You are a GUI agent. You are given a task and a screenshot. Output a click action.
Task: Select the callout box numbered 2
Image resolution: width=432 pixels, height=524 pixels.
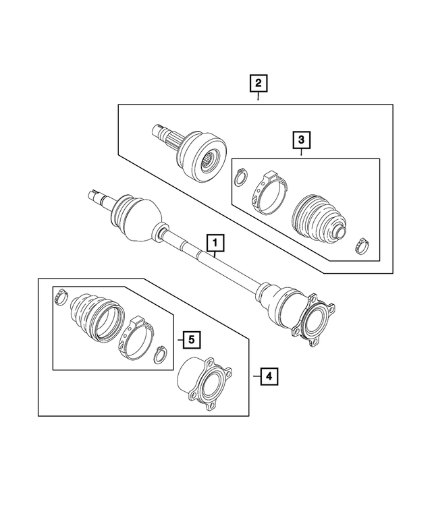pos(258,84)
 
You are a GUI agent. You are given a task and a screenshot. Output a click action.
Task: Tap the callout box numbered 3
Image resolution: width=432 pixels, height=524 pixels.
pos(301,140)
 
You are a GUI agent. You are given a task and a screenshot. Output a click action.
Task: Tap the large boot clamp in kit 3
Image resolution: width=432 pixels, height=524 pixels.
pos(271,194)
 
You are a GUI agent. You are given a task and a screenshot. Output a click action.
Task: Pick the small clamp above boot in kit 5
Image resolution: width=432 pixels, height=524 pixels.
pos(61,294)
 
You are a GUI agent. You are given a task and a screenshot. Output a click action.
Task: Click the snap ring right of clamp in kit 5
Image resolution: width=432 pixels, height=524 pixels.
pos(161,353)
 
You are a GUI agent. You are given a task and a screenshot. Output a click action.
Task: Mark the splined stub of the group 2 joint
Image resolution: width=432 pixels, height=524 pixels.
pos(165,136)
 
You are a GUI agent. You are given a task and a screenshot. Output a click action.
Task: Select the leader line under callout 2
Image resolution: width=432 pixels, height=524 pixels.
pos(258,98)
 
